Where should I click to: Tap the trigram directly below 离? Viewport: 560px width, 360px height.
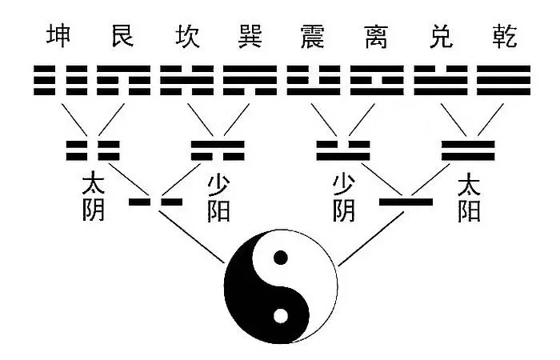[375, 81]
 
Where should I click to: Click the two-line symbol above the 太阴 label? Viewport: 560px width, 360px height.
[93, 150]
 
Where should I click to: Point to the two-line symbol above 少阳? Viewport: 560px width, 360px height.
[218, 150]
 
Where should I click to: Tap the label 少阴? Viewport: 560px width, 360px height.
[344, 198]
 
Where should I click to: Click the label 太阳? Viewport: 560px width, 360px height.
[470, 198]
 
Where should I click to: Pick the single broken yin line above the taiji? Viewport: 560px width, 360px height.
[155, 202]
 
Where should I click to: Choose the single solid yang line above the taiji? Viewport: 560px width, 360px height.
[406, 202]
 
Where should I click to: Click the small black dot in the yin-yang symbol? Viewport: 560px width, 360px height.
[281, 258]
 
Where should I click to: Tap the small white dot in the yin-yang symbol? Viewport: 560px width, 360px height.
[281, 315]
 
